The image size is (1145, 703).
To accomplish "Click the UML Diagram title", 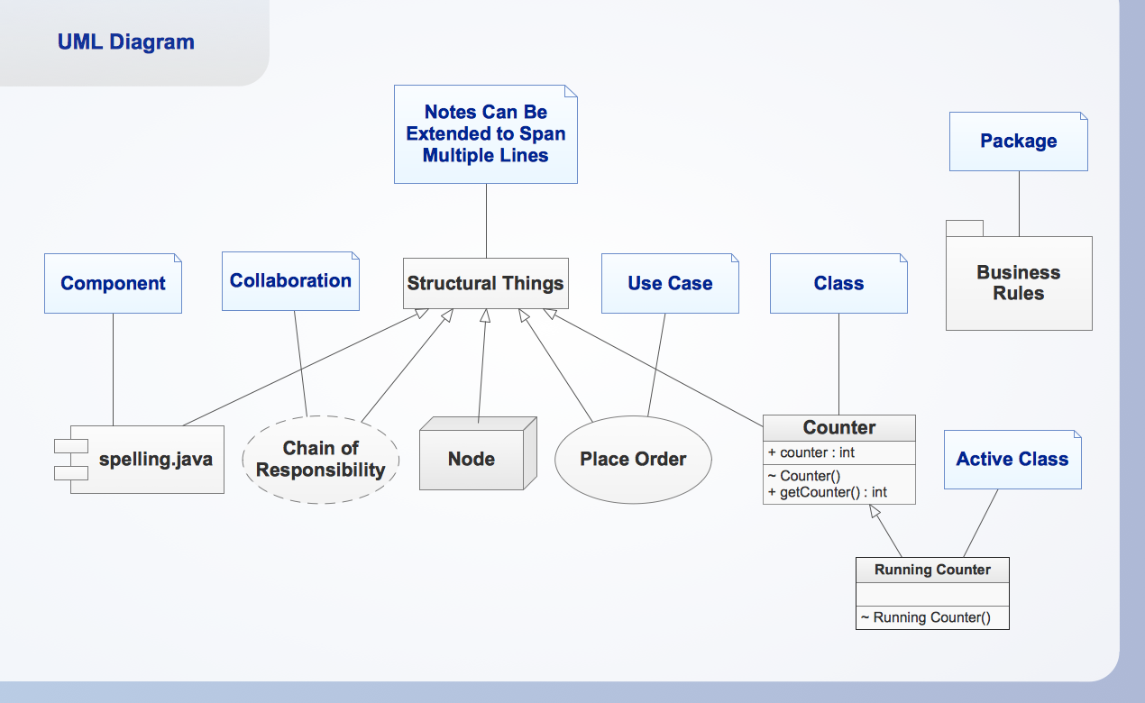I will click(125, 41).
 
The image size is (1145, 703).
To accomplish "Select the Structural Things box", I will click(485, 283).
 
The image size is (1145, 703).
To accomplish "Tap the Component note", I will click(113, 283).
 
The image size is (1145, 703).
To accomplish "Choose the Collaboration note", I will click(290, 281).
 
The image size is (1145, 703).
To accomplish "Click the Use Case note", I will click(670, 283).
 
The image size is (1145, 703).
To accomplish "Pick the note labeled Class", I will click(838, 283).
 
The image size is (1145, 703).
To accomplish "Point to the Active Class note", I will click(1012, 460).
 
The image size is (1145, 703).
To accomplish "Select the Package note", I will click(1018, 142).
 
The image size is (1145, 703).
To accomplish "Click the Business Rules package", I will click(1019, 283).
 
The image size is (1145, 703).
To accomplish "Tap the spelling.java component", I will click(155, 460).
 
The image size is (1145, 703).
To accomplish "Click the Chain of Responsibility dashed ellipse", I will click(320, 460).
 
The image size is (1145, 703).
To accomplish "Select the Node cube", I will click(472, 460).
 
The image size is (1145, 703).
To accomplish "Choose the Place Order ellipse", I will click(633, 460).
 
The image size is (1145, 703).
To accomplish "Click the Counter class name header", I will click(838, 428).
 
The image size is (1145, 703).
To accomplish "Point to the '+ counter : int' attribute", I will click(811, 452).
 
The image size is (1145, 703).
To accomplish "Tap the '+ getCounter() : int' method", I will click(828, 492).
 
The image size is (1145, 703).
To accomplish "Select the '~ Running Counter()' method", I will click(925, 617).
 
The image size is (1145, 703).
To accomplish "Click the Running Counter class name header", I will click(932, 570).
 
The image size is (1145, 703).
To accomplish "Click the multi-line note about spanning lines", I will click(485, 134).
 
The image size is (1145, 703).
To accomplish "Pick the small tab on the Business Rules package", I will click(964, 228).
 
